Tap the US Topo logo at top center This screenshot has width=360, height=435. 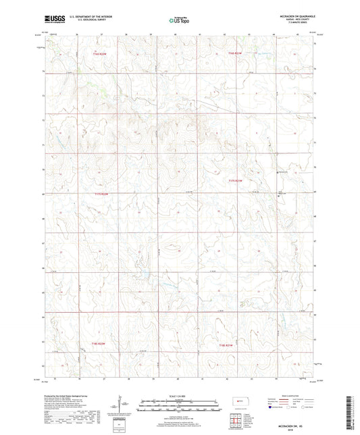click(180, 21)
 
